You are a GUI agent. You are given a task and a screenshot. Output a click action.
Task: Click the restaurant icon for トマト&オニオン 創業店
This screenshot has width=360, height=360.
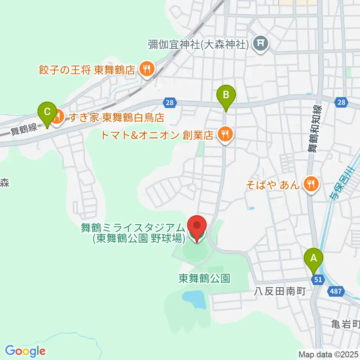tap(225, 133)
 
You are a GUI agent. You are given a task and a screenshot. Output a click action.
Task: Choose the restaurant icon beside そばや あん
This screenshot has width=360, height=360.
tap(310, 184)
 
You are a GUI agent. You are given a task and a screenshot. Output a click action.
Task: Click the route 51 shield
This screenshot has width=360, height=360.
tap(318, 279)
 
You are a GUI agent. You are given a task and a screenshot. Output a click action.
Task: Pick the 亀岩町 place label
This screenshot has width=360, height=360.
tap(345, 323)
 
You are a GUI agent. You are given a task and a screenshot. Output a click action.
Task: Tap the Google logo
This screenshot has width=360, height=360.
tap(25, 351)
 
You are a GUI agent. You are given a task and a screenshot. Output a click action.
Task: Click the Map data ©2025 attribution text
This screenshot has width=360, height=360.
tap(328, 354)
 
